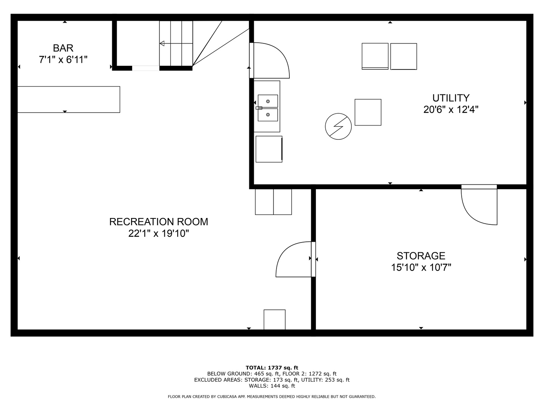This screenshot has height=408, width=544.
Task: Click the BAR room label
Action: pos(63,48)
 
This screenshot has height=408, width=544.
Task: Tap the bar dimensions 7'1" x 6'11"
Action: pos(63,60)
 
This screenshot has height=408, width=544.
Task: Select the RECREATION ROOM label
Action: pos(159,222)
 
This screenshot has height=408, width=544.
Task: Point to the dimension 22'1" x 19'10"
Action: pos(159,233)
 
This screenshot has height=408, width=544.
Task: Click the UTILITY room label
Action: pos(451,98)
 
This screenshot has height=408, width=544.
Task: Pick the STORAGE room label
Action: pos(421,256)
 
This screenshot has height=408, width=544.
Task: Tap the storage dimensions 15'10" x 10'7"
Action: pos(421,267)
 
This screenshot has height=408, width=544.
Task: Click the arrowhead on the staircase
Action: pos(162,43)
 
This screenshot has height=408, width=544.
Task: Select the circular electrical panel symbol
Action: pos(338,126)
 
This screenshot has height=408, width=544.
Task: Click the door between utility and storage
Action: pos(479,205)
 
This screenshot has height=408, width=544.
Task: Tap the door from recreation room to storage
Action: pos(295,259)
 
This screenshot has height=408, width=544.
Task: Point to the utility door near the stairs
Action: pos(269,60)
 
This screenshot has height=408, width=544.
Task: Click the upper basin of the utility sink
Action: pos(268,101)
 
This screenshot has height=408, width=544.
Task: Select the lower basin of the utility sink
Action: pos(268,115)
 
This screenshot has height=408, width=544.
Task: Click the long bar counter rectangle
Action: pos(69,100)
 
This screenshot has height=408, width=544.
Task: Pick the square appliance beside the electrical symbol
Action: pos(368,112)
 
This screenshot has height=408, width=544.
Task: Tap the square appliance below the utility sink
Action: pos(269,149)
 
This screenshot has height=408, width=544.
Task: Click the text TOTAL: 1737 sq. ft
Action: pos(272,368)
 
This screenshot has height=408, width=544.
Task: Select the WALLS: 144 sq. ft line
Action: pos(272,386)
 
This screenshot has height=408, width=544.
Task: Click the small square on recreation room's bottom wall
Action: pos(274,320)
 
